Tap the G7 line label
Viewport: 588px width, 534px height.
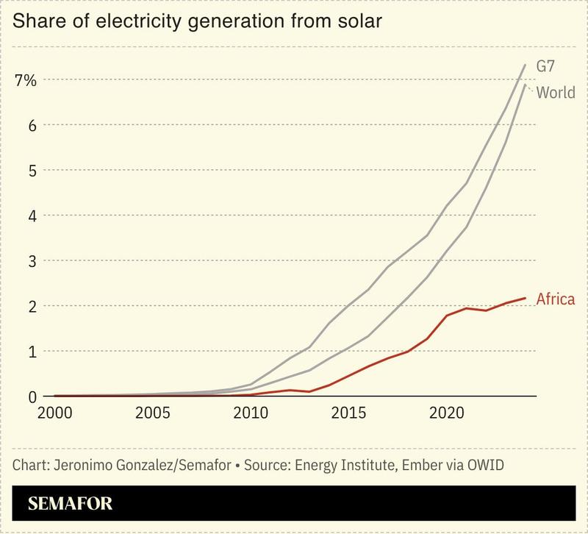[545, 66]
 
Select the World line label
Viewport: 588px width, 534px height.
[555, 93]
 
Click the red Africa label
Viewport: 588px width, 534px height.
[555, 299]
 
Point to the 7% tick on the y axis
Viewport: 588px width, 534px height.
[25, 80]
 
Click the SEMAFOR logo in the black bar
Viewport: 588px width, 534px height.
[71, 505]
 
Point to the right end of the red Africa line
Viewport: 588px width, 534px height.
[525, 298]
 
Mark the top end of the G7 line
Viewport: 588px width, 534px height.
[525, 65]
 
